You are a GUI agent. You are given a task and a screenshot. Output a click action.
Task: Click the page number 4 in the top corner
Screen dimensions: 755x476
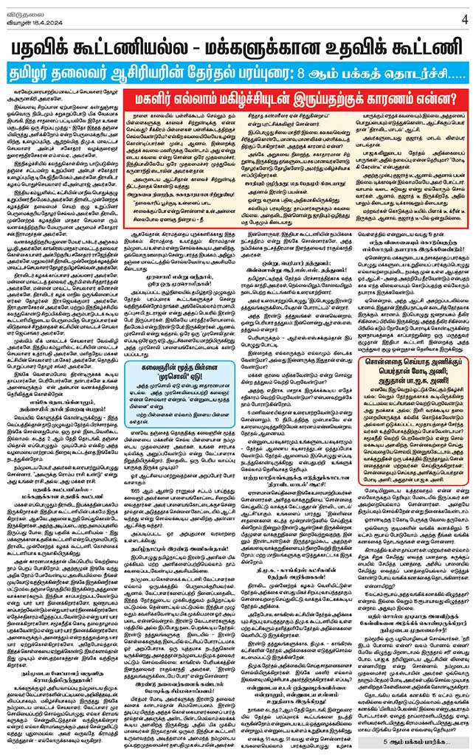click(466, 17)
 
